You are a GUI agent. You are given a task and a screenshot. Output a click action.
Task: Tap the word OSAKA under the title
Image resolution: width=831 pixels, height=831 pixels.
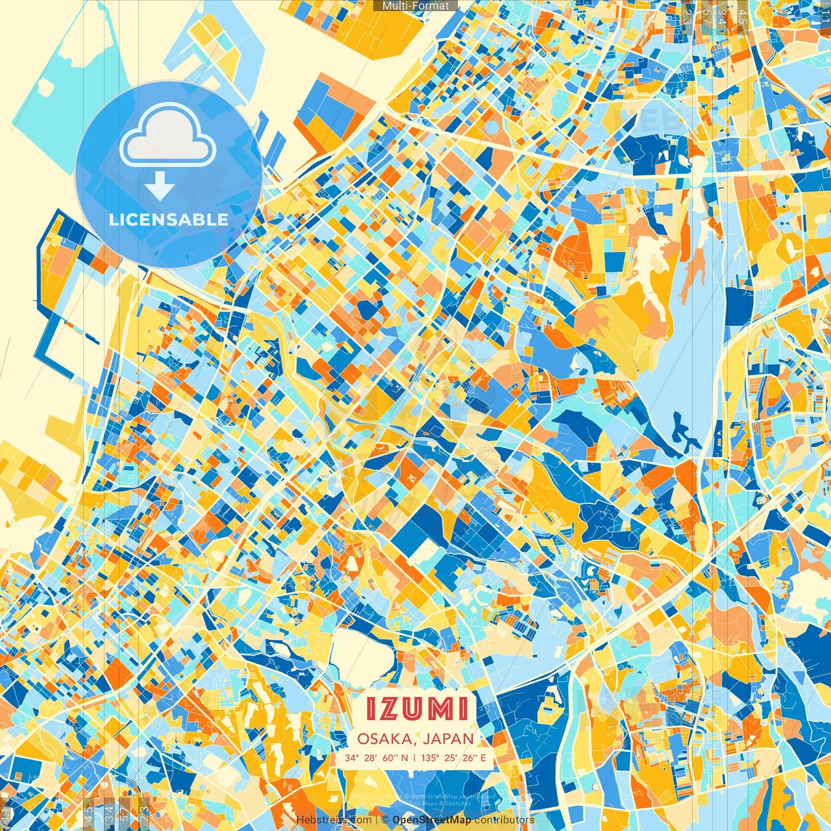coord(386,739)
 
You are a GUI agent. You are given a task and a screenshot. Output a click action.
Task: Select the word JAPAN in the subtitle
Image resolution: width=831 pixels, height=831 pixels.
coord(449,739)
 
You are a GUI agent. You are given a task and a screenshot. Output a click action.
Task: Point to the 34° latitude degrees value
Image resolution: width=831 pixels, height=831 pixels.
coord(352,758)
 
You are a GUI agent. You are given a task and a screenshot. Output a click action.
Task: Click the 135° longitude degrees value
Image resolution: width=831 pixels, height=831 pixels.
coord(429,758)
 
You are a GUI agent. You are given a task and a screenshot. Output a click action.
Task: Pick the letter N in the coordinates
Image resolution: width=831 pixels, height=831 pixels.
coord(404,758)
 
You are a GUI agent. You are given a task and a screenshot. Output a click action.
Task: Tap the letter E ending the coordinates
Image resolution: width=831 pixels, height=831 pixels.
coord(483,758)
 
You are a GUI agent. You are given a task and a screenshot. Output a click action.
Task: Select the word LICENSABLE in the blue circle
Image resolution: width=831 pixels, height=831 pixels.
coord(169,219)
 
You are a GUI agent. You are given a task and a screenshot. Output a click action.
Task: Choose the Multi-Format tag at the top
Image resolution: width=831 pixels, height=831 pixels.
coord(415,6)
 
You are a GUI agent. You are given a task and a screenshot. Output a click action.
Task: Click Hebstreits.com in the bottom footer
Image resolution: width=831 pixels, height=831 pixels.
coord(333,820)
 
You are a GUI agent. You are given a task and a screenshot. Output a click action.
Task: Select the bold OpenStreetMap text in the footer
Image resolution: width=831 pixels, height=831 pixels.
coord(432,820)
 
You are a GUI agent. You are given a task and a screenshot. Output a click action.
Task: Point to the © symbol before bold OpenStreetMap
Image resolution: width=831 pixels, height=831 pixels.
coord(385,820)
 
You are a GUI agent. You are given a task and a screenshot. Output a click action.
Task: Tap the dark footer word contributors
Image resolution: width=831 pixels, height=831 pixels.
coord(504,820)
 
